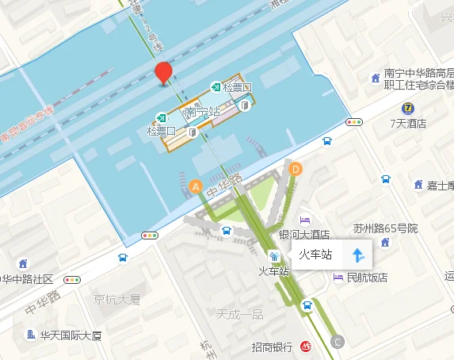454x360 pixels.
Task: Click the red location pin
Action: (164, 72)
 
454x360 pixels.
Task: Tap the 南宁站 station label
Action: (201, 113)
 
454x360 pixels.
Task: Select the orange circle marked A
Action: (196, 186)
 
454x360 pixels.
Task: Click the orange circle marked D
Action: (296, 168)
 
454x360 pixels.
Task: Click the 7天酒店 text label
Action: (408, 124)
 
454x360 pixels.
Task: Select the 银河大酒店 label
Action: (304, 235)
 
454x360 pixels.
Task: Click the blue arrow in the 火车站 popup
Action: (357, 255)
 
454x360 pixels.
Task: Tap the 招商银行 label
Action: (273, 347)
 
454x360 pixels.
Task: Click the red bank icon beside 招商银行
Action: (306, 347)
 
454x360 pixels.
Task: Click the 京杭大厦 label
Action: (116, 300)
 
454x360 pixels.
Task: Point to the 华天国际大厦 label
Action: (71, 335)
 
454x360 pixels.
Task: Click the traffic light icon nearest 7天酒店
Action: (354, 122)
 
